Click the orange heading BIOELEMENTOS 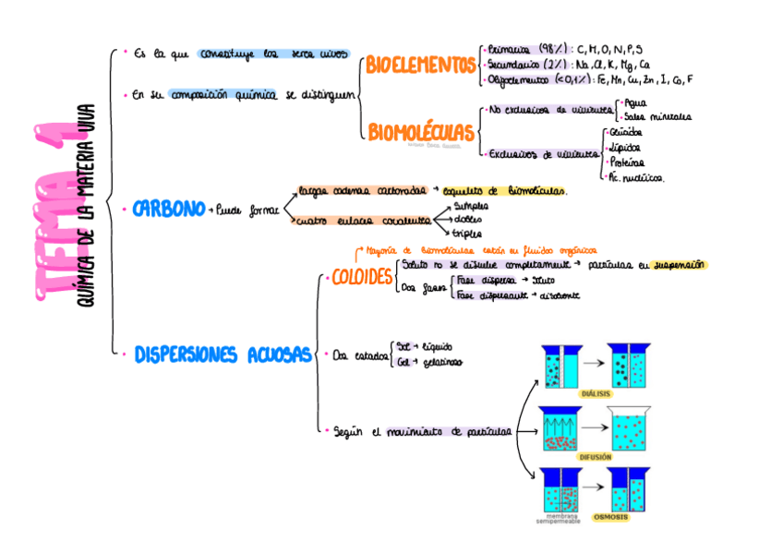pyautogui.click(x=421, y=65)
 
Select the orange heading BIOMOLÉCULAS pyautogui.click(x=421, y=133)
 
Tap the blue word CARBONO pyautogui.click(x=168, y=210)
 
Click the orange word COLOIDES pyautogui.click(x=362, y=277)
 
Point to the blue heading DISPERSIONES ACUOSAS pyautogui.click(x=223, y=355)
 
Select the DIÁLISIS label pyautogui.click(x=596, y=393)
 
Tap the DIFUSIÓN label pyautogui.click(x=596, y=456)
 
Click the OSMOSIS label pyautogui.click(x=610, y=517)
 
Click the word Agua pyautogui.click(x=638, y=103)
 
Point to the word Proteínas pyautogui.click(x=627, y=162)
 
